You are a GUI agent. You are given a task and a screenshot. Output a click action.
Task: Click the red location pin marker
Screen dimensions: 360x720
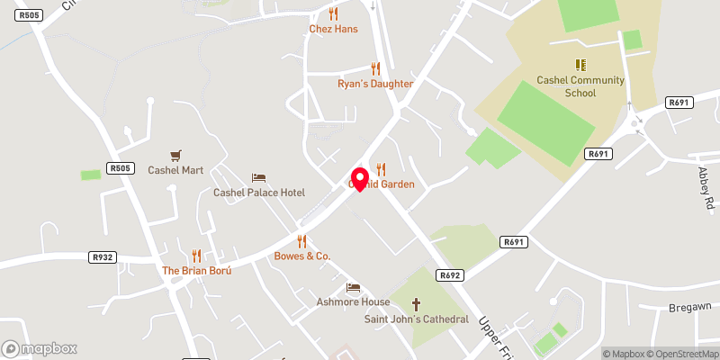359,178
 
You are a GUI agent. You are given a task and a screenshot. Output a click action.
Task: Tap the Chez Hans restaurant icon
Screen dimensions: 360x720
334,13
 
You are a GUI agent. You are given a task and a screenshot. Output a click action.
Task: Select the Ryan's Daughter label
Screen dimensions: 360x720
375,84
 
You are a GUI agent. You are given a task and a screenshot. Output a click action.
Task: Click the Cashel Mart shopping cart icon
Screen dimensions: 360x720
176,156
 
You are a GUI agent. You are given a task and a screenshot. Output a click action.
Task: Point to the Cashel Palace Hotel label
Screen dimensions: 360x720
259,193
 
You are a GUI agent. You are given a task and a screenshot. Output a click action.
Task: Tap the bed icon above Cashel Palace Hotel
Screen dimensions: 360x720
259,177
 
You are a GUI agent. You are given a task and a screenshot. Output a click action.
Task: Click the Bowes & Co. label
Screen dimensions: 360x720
302,256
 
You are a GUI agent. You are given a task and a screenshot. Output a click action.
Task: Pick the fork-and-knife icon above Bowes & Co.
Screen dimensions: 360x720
302,241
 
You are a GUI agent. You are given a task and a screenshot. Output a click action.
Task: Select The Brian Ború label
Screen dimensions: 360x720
197,271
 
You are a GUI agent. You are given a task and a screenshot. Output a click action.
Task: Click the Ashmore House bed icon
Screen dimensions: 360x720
353,288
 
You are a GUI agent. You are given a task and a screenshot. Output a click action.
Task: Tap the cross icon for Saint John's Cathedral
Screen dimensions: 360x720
416,304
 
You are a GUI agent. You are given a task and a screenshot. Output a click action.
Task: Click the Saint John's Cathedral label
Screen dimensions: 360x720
416,319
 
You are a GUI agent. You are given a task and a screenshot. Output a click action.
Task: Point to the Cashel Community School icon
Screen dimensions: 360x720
581,65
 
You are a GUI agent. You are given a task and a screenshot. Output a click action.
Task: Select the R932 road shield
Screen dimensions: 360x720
103,256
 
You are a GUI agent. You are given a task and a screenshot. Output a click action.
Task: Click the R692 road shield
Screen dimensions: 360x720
450,275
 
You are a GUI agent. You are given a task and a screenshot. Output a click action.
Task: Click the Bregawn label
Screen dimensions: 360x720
690,307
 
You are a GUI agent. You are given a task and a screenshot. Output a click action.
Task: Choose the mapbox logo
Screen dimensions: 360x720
40,348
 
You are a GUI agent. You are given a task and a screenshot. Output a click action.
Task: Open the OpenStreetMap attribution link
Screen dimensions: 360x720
681,354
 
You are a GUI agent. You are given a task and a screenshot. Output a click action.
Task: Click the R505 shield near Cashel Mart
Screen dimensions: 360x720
120,167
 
